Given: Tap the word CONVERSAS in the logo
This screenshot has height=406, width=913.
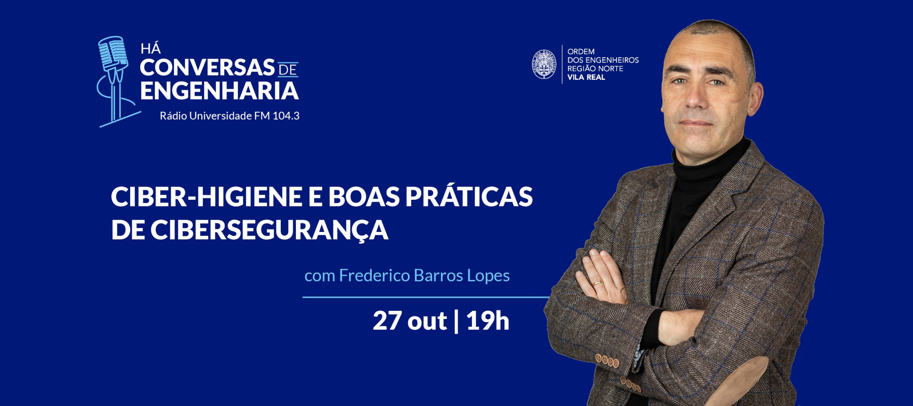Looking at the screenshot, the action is tap(207, 68).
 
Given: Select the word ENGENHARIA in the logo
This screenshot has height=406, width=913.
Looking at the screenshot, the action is tap(219, 90).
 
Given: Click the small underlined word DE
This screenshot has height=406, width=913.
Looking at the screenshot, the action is tap(287, 69).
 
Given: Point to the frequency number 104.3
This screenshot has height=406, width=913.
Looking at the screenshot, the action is tap(286, 116).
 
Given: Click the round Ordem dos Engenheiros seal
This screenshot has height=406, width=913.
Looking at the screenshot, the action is tap(544, 65).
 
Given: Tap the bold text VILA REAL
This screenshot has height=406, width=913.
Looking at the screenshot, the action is tap(586, 77).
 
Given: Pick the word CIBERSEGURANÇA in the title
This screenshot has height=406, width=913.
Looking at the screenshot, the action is tap(269, 230).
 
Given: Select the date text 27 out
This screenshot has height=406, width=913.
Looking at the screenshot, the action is tap(409, 321).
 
